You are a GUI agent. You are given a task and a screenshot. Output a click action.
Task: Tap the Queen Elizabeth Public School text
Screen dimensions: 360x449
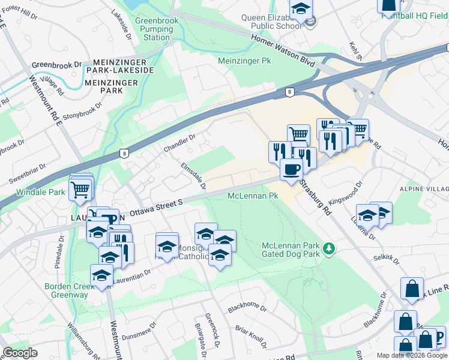271,22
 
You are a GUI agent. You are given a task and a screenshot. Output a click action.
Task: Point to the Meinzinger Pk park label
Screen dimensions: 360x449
245,61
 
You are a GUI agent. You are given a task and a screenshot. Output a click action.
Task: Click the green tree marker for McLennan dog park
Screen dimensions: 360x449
328,248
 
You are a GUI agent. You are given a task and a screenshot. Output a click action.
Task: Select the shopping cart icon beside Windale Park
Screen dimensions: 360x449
81,189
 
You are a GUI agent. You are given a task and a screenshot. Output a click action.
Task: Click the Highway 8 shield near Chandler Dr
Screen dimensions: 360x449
124,153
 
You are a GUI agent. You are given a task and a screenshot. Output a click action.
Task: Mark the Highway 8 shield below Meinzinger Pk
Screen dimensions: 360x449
290,92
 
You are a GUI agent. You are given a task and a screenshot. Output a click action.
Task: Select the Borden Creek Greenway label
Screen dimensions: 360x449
70,290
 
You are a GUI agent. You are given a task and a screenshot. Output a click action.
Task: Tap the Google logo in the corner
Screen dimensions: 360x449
20,353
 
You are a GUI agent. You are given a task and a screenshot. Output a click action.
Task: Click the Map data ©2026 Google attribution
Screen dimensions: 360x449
412,355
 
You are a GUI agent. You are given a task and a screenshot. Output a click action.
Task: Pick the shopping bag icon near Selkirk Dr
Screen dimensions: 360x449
413,289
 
